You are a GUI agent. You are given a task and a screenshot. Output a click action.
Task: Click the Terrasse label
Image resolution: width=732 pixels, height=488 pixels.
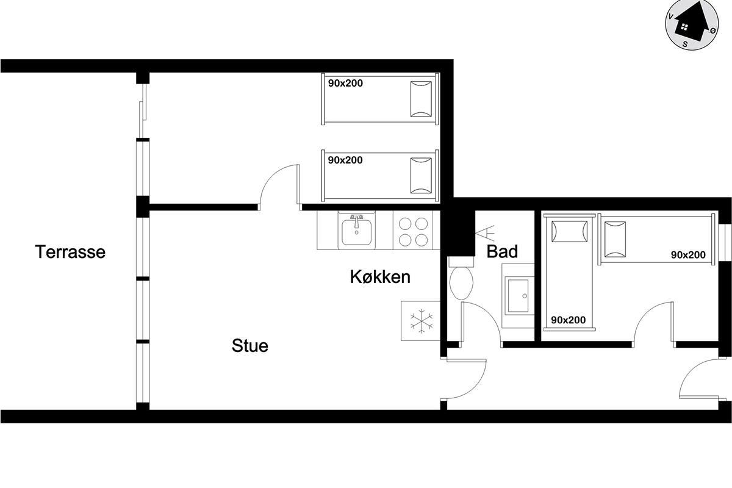[70, 252]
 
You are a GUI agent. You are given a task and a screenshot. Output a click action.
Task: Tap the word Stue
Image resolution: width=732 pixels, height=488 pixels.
[250, 346]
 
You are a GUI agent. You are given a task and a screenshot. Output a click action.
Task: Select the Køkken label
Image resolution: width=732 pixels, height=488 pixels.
[380, 277]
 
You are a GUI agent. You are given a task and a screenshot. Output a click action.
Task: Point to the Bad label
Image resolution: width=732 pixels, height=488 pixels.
[502, 251]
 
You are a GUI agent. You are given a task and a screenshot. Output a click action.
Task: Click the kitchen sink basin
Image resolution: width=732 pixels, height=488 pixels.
[356, 232]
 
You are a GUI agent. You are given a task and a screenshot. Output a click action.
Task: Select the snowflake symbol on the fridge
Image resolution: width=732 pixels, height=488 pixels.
[422, 321]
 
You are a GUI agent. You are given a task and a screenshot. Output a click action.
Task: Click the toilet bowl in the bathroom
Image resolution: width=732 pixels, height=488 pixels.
[461, 283]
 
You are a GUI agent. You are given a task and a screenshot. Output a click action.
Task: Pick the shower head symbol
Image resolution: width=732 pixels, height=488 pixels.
[485, 233]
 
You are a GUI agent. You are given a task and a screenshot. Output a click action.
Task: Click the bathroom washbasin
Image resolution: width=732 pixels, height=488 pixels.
[518, 296]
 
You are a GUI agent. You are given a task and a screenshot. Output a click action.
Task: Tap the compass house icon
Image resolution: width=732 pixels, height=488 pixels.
[692, 26]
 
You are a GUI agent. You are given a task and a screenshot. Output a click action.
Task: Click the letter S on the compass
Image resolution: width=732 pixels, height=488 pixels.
[685, 44]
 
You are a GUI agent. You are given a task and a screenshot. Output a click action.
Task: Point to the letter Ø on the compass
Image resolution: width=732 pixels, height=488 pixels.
[713, 30]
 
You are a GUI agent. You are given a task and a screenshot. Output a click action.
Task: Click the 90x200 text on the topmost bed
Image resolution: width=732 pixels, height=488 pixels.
[345, 84]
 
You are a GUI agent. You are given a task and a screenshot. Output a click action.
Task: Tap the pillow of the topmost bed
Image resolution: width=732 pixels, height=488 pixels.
[421, 99]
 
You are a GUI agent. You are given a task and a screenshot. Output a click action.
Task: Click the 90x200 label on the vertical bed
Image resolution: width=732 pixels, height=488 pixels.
[569, 320]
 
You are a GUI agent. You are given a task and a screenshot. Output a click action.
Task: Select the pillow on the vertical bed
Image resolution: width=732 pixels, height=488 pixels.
[569, 232]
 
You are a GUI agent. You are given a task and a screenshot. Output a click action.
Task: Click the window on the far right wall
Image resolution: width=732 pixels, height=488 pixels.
[725, 243]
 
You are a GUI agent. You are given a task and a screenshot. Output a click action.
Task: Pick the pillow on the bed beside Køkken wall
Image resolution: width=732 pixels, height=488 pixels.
[421, 176]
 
